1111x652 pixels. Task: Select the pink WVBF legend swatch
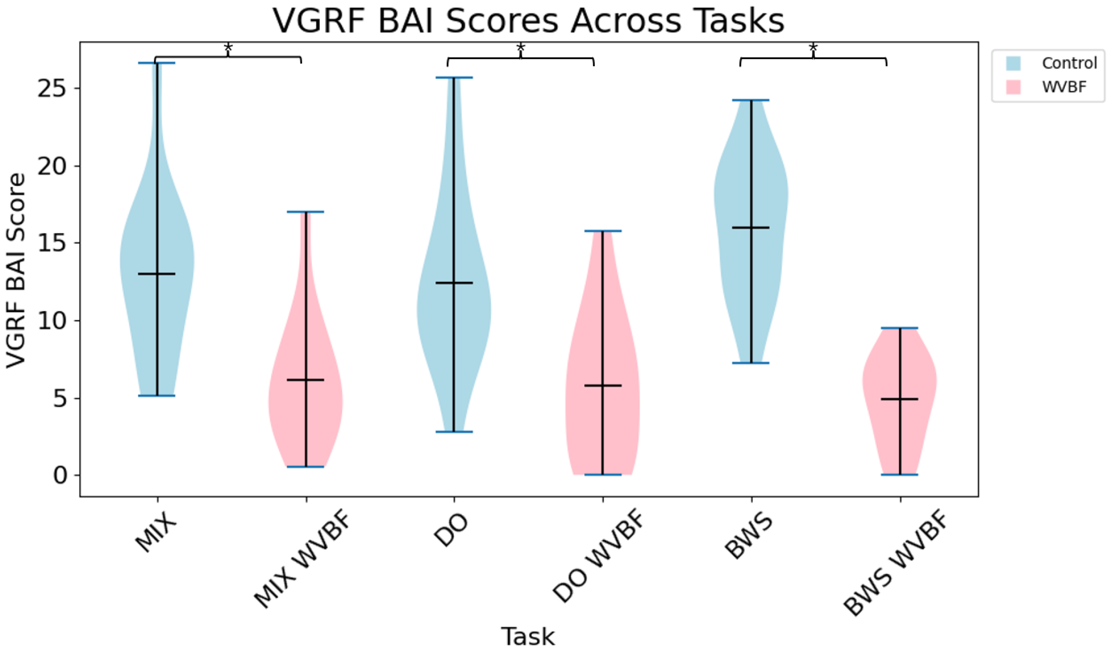coord(1013,87)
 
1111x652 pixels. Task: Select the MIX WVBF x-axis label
coord(303,561)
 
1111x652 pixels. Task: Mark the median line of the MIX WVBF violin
coord(306,380)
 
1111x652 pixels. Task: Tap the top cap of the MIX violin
coord(157,63)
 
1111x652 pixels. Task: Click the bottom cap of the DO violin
coord(454,432)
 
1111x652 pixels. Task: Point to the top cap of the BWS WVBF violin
coord(900,328)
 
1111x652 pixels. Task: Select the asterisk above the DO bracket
coord(521,47)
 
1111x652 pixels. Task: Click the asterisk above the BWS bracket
coord(813,47)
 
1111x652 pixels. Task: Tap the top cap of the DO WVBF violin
coord(603,231)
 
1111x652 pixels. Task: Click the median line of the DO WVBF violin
coord(603,385)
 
